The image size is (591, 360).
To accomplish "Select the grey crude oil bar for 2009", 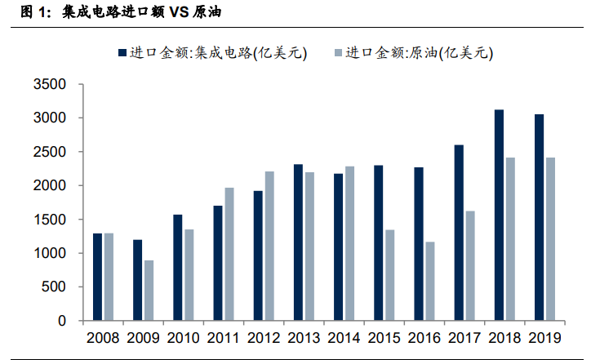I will pos(149,291).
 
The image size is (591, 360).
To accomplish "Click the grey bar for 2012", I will pos(269,246).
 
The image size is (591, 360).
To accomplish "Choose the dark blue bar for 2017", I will pos(459,233).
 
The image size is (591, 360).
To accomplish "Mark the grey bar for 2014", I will pos(349,243).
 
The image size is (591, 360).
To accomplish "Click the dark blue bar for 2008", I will pos(97,277).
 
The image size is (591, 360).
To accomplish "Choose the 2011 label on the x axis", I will pos(223,337).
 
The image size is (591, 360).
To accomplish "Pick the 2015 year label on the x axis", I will pos(384,337).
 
